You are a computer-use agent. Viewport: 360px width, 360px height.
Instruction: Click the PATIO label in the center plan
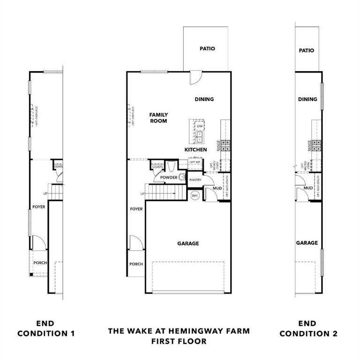207,48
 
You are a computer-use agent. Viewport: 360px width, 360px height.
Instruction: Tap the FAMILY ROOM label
158,118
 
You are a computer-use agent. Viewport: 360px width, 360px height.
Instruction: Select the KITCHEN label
195,150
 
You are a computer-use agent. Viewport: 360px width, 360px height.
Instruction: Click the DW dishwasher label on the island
200,126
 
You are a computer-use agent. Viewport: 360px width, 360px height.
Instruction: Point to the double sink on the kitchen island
200,137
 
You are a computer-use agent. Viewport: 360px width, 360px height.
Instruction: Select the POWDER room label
168,178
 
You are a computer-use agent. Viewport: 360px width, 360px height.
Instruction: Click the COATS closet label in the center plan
157,166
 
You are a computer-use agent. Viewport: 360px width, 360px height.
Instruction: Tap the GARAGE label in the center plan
188,243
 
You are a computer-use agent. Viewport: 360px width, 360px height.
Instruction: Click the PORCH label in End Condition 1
40,263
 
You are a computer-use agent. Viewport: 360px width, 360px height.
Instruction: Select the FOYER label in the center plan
136,209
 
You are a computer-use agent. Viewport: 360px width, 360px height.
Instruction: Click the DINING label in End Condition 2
307,99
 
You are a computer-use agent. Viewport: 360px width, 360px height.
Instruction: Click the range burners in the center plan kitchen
225,145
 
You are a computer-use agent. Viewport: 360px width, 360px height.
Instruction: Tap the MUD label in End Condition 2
308,188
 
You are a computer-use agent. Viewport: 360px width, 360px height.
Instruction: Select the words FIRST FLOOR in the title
179,341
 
